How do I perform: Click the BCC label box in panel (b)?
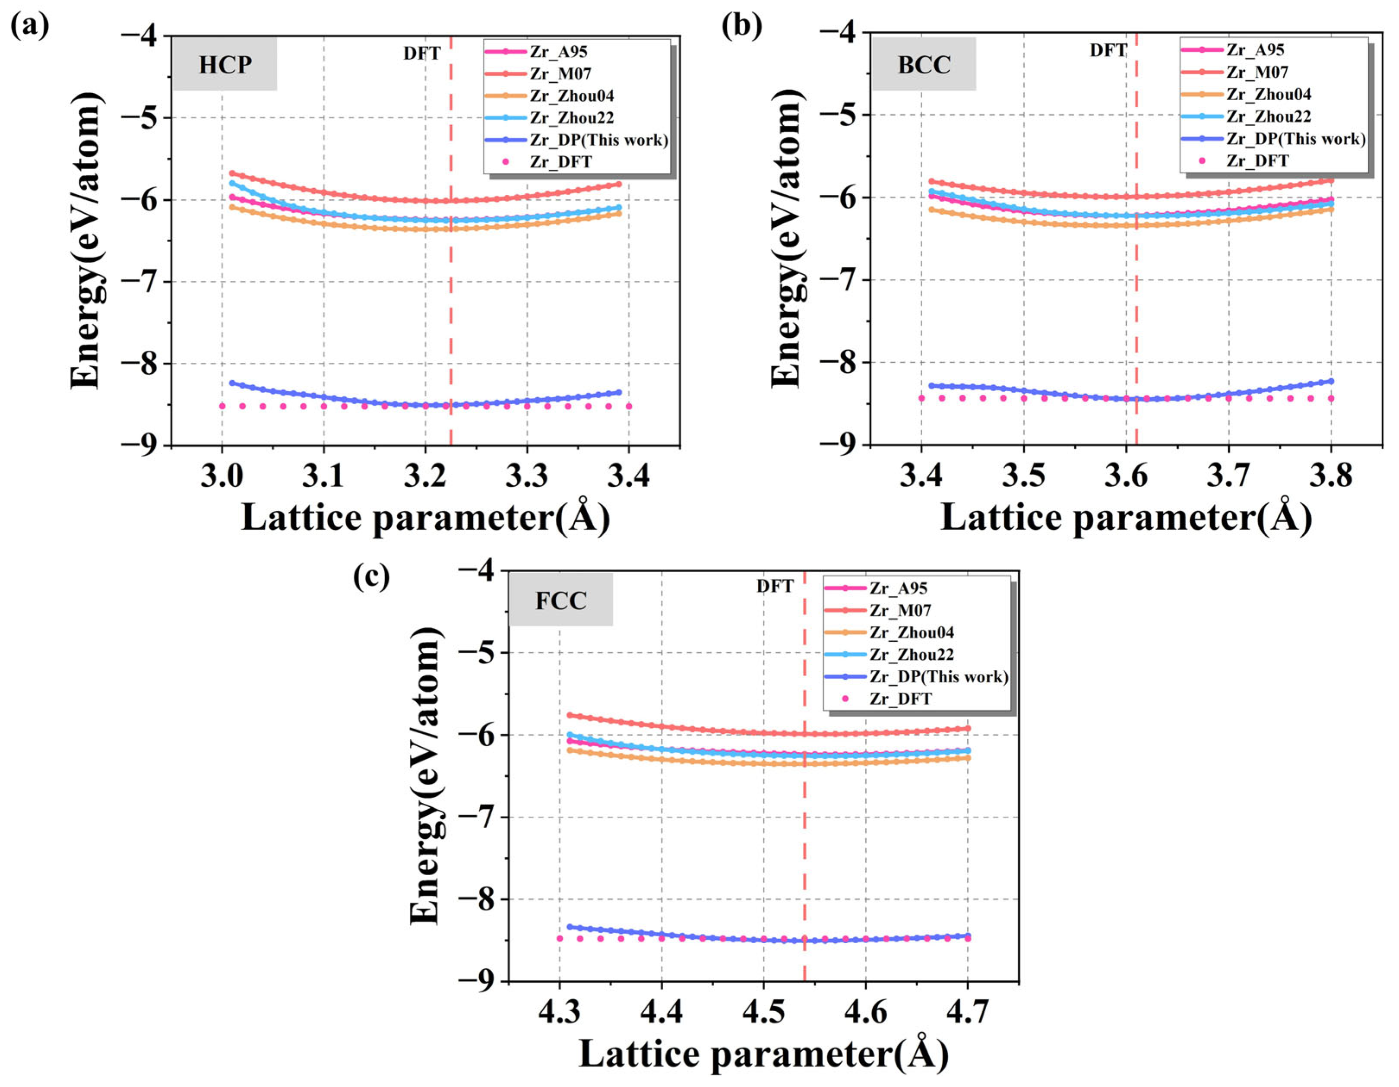(x=923, y=64)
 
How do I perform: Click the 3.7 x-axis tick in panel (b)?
(x=1228, y=476)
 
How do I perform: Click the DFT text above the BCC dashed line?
(x=1108, y=50)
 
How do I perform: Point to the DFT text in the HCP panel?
(x=421, y=53)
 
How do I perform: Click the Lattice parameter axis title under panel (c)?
(x=763, y=1054)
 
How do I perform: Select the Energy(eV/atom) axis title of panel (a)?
(x=86, y=240)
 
